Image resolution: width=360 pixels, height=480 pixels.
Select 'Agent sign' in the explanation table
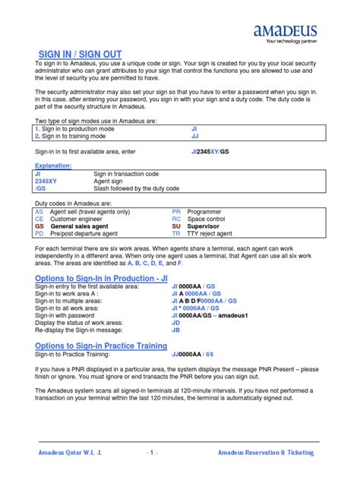point(109,181)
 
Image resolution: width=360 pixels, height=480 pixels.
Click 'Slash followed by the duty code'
point(136,188)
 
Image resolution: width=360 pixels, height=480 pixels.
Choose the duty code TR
point(176,234)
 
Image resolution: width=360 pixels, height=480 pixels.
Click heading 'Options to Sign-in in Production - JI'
point(101,279)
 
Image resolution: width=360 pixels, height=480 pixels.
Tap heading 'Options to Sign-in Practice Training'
point(101,346)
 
